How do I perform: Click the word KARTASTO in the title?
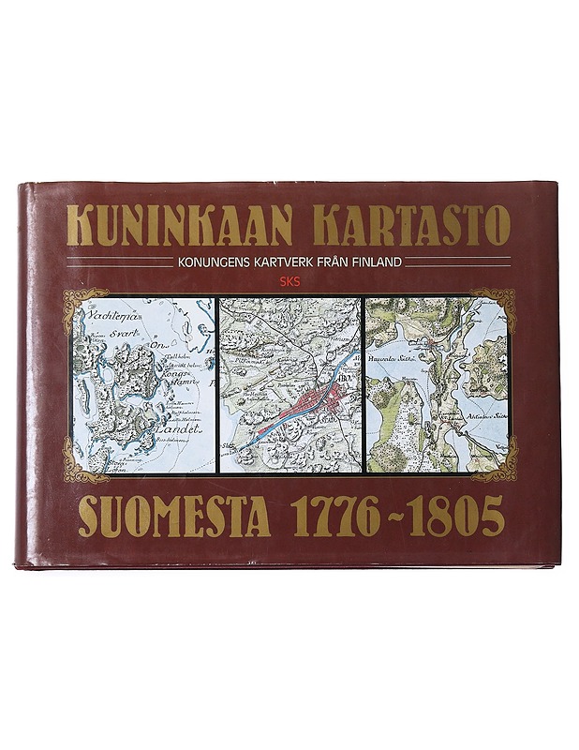413,225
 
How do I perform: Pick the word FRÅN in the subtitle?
329,262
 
